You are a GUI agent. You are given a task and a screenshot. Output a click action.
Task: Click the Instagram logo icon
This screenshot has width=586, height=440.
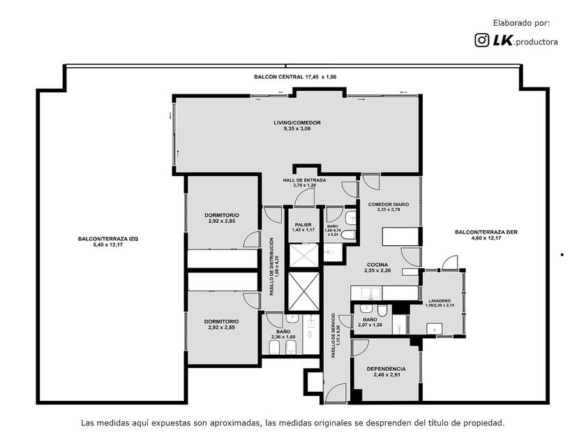coord(482,40)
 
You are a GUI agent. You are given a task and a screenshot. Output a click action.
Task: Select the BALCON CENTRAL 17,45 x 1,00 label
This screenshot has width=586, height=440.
coord(295,77)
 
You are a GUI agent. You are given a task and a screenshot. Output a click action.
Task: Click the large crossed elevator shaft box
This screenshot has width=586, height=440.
coord(304,292)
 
